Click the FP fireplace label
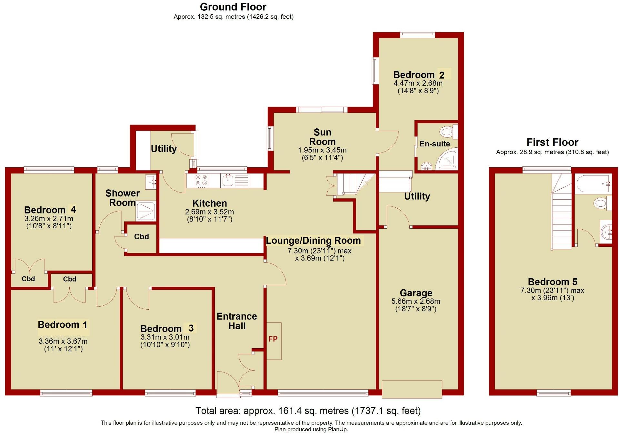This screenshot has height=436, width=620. pos(273,339)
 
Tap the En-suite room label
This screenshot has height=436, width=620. pos(435,144)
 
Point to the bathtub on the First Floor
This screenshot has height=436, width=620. pos(593,184)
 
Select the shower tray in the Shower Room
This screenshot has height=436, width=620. pos(146,211)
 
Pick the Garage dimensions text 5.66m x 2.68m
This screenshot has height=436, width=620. pos(415,301)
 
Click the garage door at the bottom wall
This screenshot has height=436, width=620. pos(412,389)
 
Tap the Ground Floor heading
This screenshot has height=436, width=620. pos(233,7)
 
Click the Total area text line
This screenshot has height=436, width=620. pos(308,411)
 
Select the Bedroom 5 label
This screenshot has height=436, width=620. pos(552,282)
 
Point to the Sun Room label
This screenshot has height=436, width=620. pos(322,137)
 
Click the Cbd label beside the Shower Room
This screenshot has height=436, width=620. pos(141,237)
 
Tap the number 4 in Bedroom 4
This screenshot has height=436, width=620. pos(73,210)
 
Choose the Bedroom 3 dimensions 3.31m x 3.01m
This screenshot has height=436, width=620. pos(165,337)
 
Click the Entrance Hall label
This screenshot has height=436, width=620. pos(237,321)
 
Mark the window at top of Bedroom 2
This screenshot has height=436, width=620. pos(417,34)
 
